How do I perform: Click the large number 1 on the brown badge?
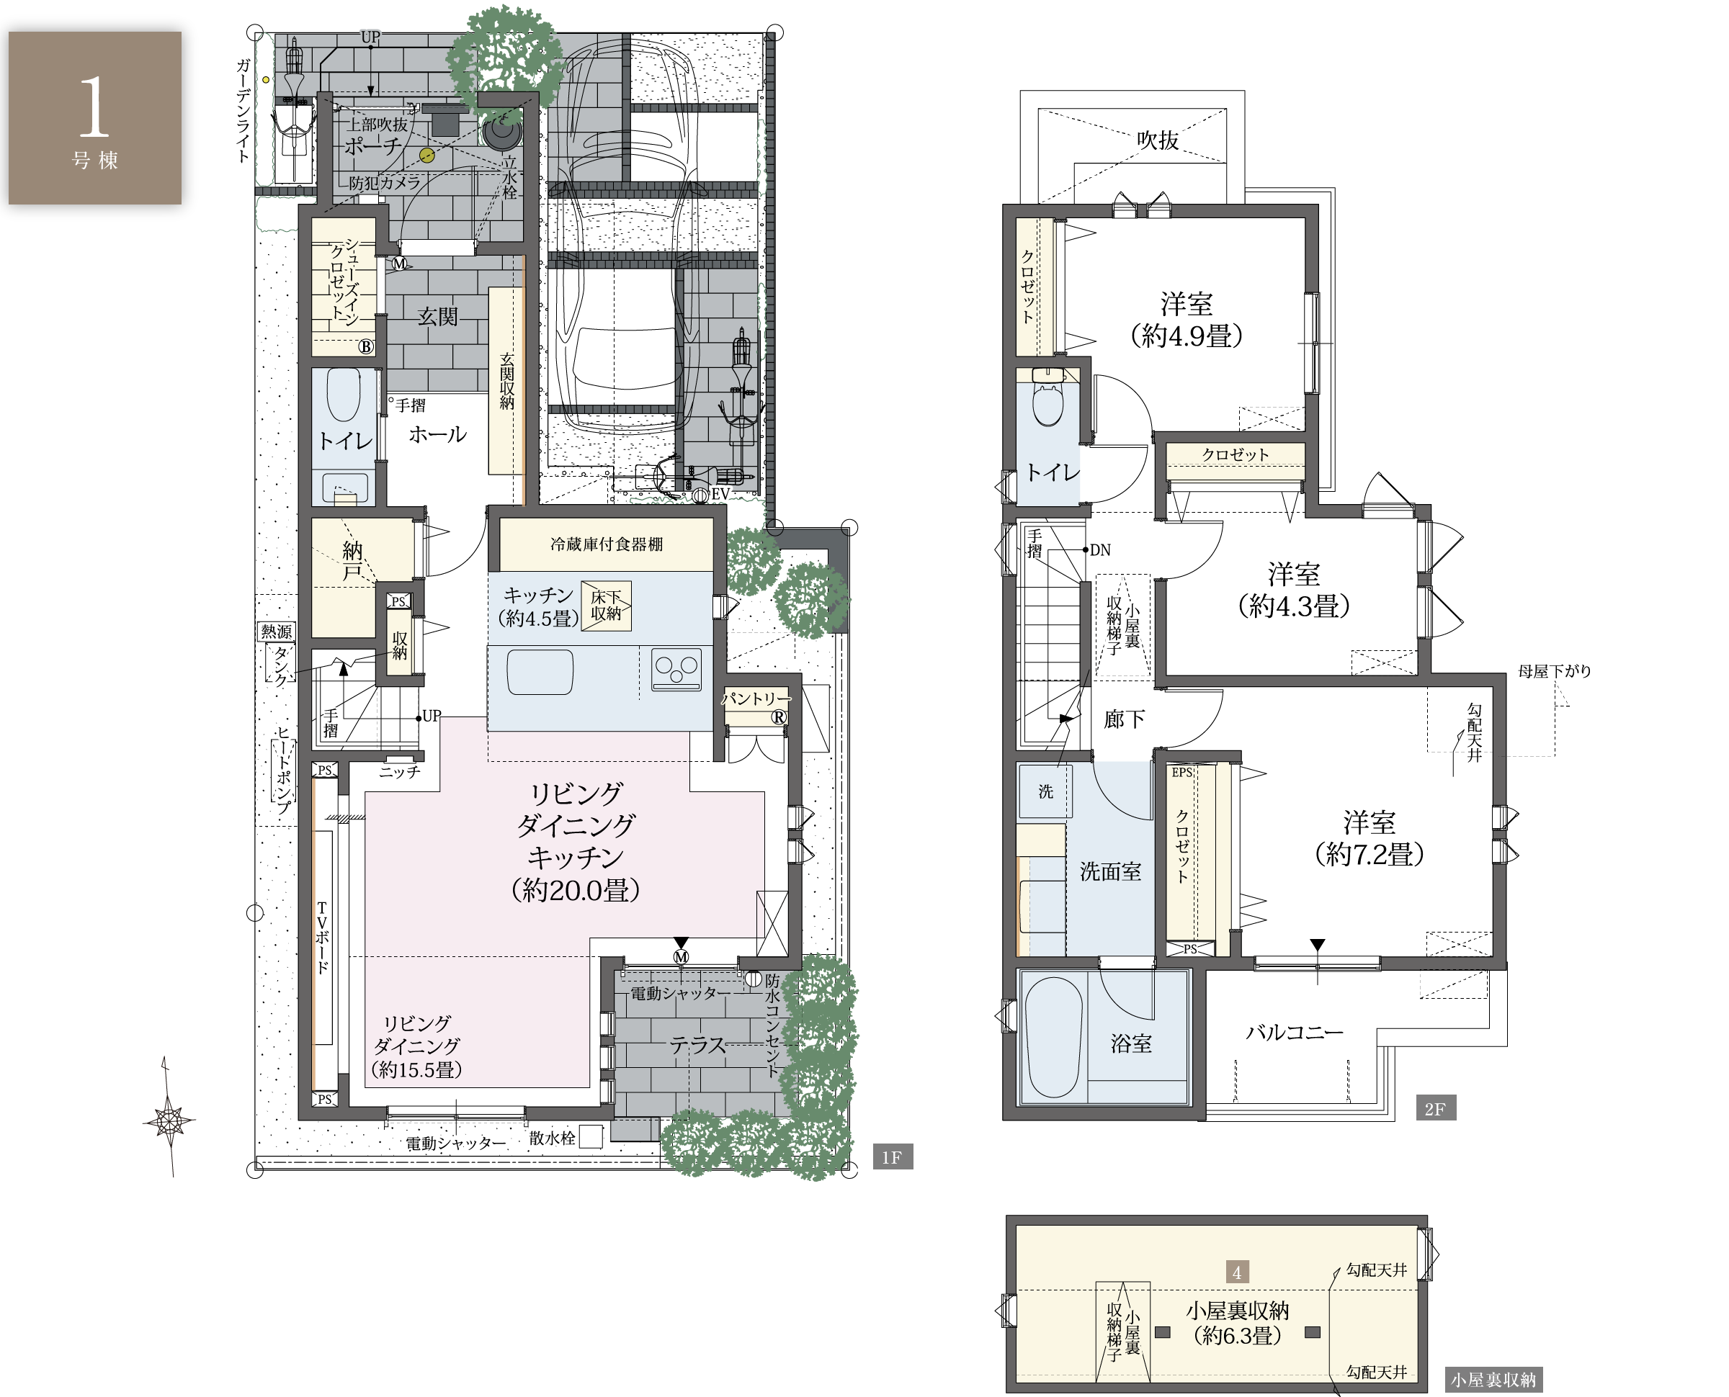click(x=94, y=107)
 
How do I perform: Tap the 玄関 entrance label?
click(x=437, y=316)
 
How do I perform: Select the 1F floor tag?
click(x=893, y=1156)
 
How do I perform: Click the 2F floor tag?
click(x=1435, y=1108)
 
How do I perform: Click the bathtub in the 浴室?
click(x=1054, y=1037)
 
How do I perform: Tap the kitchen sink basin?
click(x=540, y=672)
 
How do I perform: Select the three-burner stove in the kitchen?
click(x=676, y=670)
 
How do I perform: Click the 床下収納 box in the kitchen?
click(x=606, y=605)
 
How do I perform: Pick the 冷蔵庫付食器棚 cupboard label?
click(x=606, y=544)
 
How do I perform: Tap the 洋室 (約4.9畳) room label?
click(x=1187, y=320)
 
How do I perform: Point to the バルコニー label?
click(x=1295, y=1032)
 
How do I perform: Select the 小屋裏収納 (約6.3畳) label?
click(x=1237, y=1324)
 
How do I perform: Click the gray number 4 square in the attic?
click(x=1237, y=1272)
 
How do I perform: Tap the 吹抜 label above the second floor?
click(x=1158, y=140)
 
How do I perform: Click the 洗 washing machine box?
click(x=1045, y=792)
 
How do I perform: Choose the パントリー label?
click(x=755, y=698)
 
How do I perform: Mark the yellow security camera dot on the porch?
click(x=426, y=156)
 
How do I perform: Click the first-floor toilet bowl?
click(x=344, y=395)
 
